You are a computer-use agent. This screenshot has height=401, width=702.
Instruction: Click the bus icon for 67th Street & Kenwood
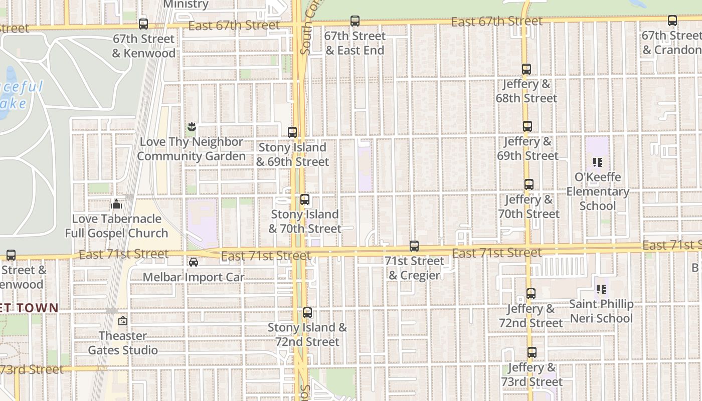pos(143,23)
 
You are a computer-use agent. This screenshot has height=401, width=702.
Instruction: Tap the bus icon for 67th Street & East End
pos(355,21)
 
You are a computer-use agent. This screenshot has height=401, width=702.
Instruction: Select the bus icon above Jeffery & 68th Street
pos(526,69)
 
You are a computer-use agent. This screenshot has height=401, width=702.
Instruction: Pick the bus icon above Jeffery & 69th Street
pos(527,126)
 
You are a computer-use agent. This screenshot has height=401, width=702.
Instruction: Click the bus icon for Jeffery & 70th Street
pos(529,184)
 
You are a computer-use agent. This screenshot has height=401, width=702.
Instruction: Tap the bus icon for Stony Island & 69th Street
pos(292,132)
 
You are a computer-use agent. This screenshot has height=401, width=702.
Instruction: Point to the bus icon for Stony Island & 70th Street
pos(305,199)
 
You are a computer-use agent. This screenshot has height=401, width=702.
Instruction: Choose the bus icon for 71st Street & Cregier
pos(414,246)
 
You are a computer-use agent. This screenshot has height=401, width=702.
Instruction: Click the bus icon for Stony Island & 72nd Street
pos(307,313)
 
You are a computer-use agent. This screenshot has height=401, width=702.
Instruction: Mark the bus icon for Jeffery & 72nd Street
pos(531,294)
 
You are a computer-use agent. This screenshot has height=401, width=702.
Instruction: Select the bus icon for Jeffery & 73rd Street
pos(532,352)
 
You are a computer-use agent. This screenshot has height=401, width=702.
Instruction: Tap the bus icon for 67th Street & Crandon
pos(672,21)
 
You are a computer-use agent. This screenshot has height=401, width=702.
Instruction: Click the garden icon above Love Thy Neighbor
pos(191,127)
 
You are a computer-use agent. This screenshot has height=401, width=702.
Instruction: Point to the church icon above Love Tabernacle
pos(116,204)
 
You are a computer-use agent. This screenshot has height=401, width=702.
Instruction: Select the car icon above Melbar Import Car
pos(194,262)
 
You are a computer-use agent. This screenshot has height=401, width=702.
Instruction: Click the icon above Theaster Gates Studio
pos(123,321)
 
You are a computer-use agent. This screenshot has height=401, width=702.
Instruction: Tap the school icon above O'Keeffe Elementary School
pos(597,162)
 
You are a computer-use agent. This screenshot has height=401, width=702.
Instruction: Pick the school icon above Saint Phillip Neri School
pos(601,289)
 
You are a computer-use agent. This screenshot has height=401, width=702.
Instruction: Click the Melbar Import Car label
pos(194,277)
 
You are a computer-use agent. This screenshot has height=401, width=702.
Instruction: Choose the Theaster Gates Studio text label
pos(123,343)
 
